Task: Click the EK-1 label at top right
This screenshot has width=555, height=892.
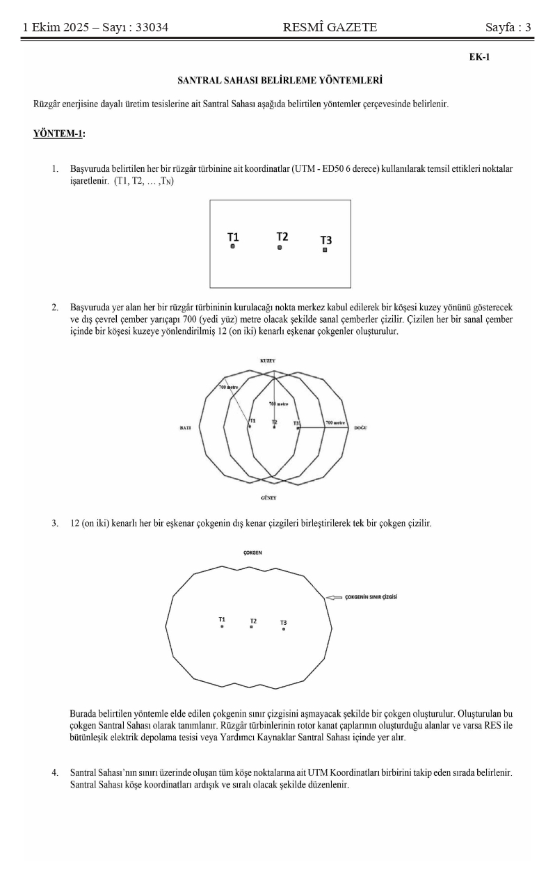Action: coord(480,57)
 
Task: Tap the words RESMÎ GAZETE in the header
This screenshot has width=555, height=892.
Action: coord(330,28)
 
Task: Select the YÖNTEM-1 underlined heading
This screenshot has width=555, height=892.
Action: coord(58,134)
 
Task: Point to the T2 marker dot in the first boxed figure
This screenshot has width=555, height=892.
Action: coord(280,247)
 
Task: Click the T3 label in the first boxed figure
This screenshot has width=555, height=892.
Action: coord(325,240)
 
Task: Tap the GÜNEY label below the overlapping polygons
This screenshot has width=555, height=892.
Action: coord(268,498)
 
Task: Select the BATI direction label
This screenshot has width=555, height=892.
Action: coord(186,429)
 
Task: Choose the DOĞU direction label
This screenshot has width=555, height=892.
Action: coord(360,429)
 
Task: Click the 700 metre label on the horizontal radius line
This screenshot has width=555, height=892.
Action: coord(335,423)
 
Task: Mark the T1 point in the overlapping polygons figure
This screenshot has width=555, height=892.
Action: coord(250,426)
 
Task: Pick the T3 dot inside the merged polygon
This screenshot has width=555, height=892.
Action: coord(284,630)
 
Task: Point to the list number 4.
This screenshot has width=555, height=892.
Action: coord(54,773)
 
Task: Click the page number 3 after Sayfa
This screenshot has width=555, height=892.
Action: coord(528,28)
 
